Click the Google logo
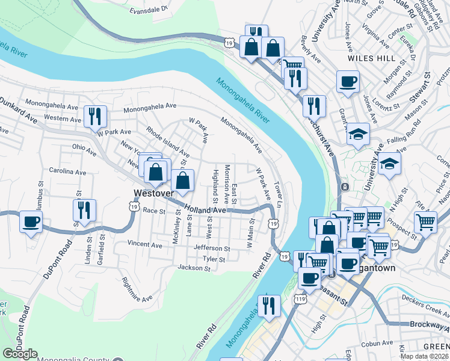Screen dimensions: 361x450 point(20,354)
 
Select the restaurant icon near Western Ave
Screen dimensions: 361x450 point(95,116)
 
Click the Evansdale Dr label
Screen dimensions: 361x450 point(148,10)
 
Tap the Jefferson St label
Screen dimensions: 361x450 point(212,248)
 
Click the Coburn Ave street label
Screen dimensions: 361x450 point(378,345)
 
